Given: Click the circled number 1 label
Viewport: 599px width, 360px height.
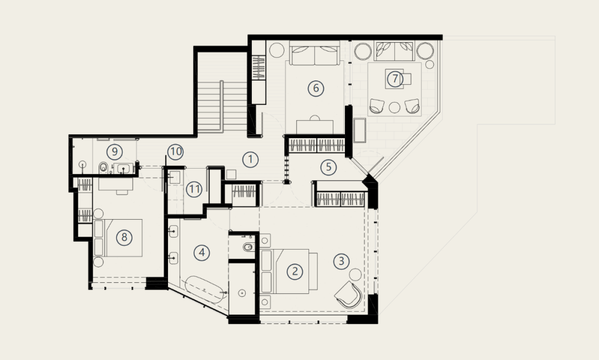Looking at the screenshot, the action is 251,159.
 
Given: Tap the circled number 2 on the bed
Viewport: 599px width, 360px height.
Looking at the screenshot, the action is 295,271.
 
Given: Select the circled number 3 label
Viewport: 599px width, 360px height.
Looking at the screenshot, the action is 341,261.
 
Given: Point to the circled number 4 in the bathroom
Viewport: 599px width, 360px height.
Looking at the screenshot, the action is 202,252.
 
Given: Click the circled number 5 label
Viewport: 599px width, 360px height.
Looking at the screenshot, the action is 328,167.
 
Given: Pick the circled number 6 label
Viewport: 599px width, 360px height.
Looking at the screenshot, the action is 316,88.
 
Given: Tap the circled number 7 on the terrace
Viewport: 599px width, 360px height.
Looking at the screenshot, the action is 395,79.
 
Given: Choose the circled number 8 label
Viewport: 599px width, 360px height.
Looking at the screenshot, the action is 124,237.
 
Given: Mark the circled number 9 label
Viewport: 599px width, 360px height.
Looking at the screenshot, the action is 114,152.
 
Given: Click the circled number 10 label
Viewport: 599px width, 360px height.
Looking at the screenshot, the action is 175,152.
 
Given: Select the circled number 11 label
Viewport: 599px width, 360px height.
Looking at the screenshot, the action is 194,189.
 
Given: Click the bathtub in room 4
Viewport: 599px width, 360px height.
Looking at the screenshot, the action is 205,290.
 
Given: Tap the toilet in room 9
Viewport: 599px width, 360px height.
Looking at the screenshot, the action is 103,168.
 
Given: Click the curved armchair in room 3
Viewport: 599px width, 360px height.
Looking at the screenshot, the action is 348,294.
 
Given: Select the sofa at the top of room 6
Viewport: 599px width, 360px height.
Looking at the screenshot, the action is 315,53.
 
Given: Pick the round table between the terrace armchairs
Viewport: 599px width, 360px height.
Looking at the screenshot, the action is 394,108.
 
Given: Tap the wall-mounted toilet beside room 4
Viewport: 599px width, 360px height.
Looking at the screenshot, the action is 248,247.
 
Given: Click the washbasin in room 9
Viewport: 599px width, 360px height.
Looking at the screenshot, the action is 123,168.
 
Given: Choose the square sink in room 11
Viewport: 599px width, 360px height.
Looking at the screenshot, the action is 174,178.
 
